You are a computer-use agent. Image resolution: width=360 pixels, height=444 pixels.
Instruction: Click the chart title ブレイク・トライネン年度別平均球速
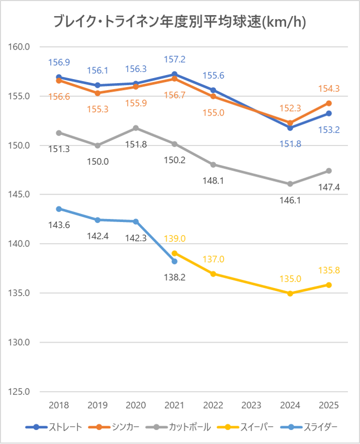pos(180,22)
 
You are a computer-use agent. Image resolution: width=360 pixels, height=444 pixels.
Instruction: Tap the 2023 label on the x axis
pos(252,405)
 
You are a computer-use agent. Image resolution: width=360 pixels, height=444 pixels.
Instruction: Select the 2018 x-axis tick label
pos(59,405)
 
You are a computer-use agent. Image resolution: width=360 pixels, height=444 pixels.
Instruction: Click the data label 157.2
pos(175,60)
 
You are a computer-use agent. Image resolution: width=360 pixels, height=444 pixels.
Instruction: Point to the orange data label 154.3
pos(329,89)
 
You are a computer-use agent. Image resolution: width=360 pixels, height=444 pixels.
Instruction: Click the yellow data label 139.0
pos(175,238)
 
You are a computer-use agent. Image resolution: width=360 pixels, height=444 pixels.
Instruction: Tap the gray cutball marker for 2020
pos(136,128)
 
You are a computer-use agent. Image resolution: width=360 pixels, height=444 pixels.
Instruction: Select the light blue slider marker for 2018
pos(59,209)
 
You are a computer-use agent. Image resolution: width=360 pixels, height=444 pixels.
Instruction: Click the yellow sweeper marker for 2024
pos(290,293)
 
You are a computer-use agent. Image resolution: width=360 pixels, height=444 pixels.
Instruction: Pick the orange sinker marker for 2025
pos(329,103)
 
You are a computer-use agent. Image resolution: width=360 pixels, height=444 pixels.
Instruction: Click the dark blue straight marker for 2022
pos(213,90)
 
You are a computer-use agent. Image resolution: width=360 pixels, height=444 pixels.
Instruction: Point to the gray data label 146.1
pos(290,200)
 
